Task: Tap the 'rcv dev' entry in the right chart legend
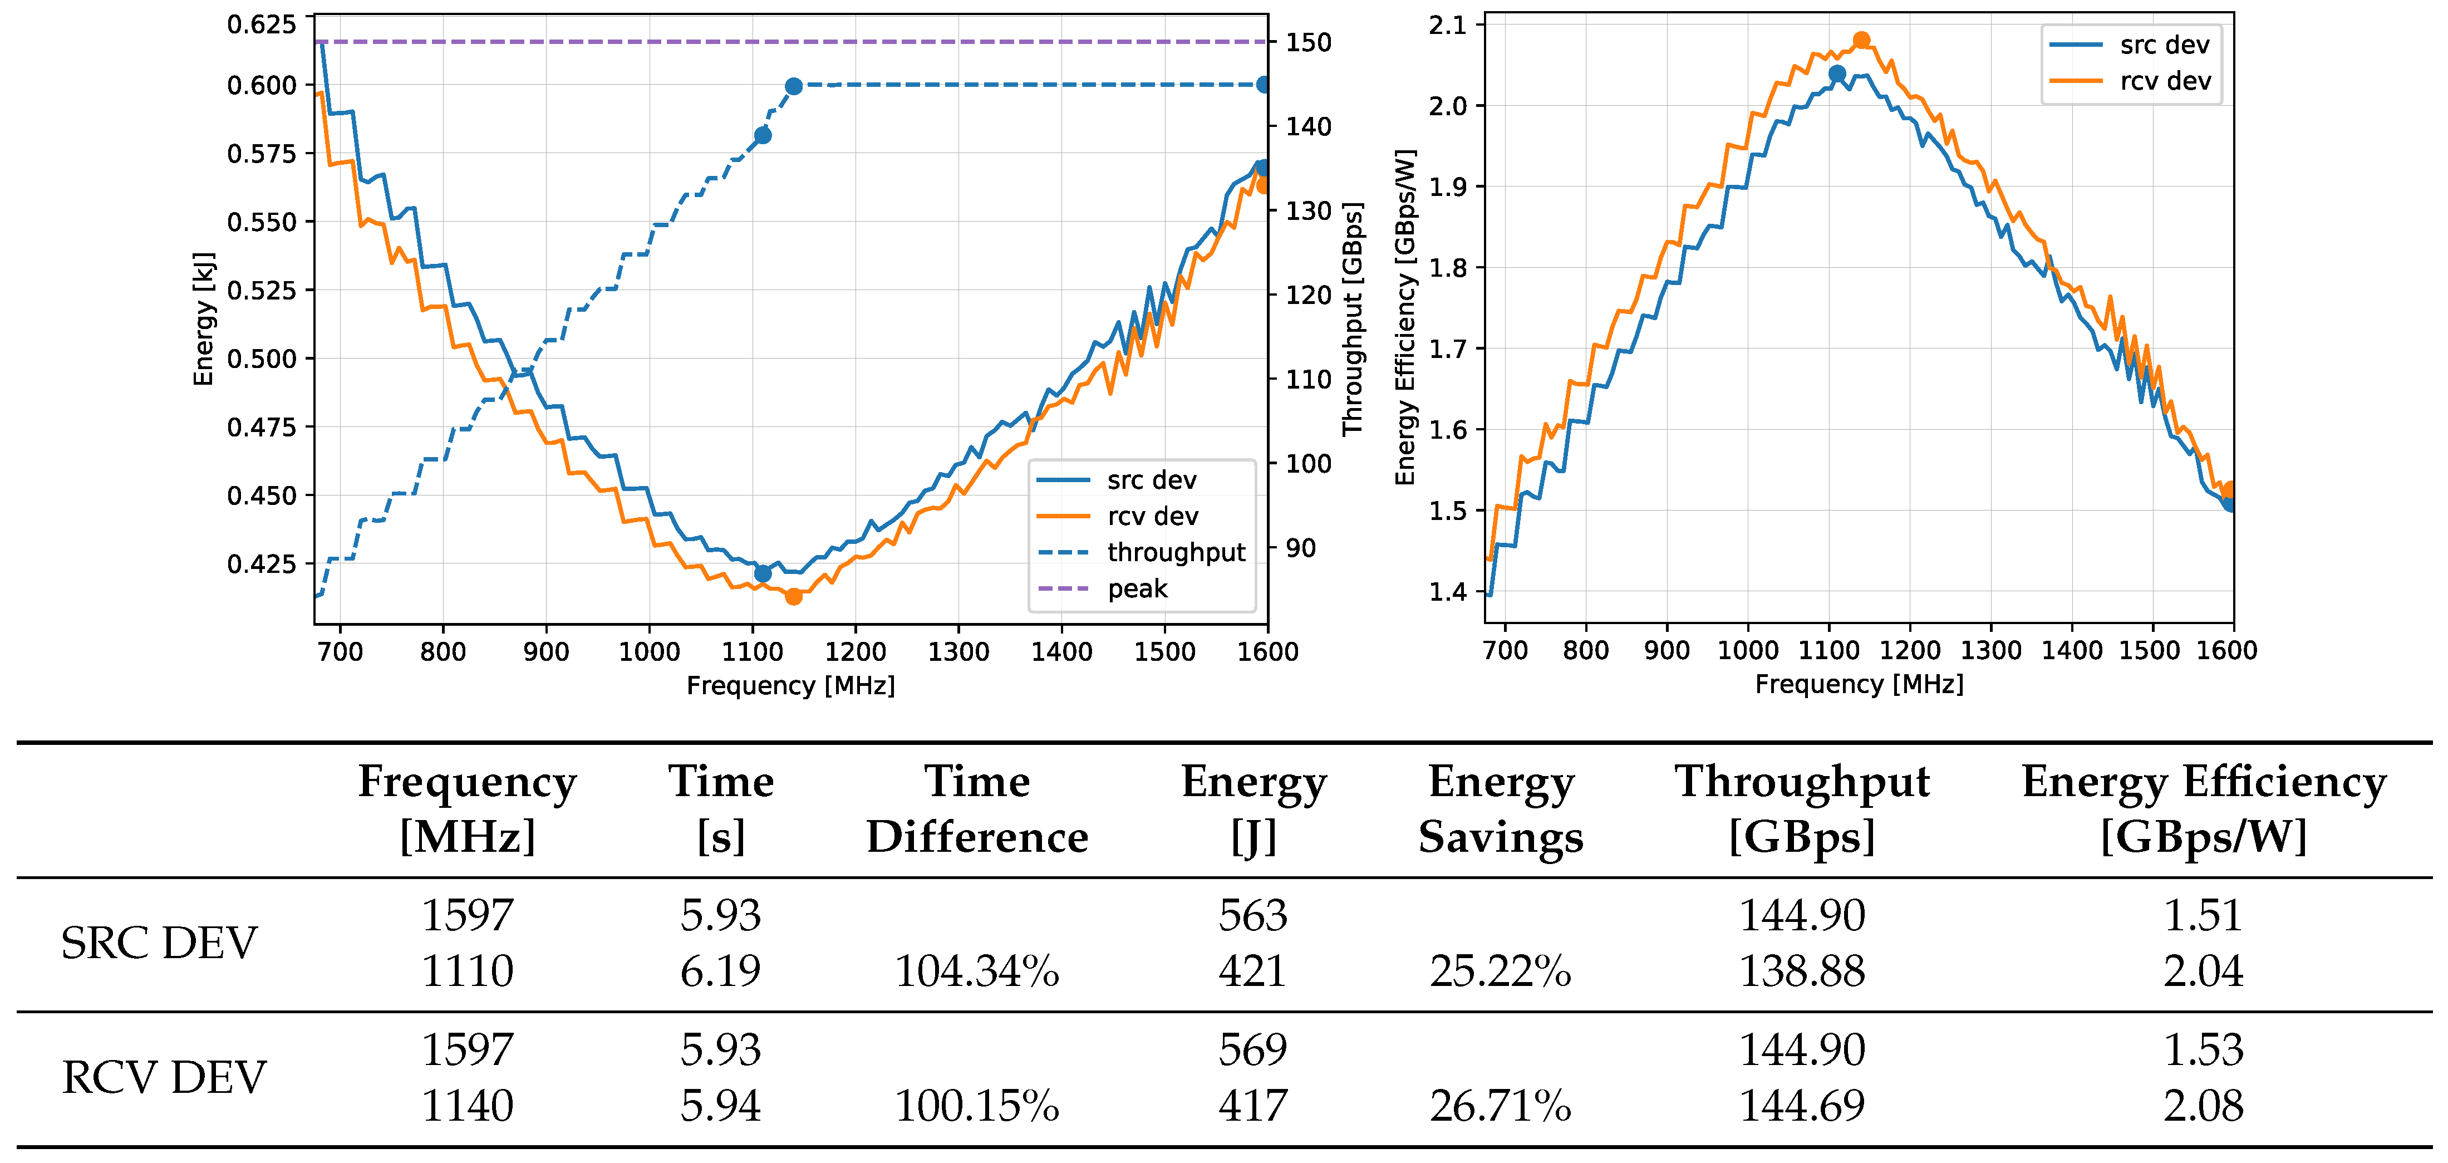pos(2164,82)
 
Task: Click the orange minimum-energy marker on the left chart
pos(794,597)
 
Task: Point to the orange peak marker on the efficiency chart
pos(1861,41)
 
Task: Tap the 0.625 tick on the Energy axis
pos(262,24)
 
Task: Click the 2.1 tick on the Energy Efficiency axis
pos(1447,24)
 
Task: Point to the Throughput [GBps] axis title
pos(1352,318)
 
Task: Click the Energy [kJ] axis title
pos(203,318)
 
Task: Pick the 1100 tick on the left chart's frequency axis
pos(753,652)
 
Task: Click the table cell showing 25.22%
pos(1501,971)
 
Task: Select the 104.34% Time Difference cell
pos(977,971)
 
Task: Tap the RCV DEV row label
pos(164,1077)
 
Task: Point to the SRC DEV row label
pos(159,943)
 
